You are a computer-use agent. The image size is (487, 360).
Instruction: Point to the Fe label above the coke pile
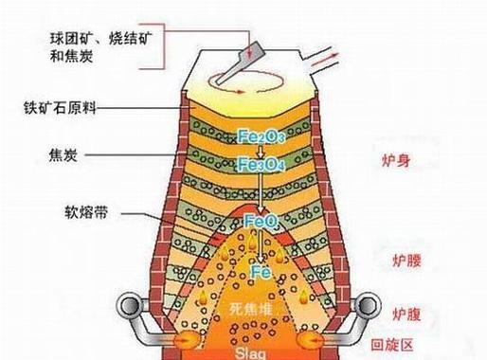261,273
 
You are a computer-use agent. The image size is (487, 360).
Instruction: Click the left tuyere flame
184,337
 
